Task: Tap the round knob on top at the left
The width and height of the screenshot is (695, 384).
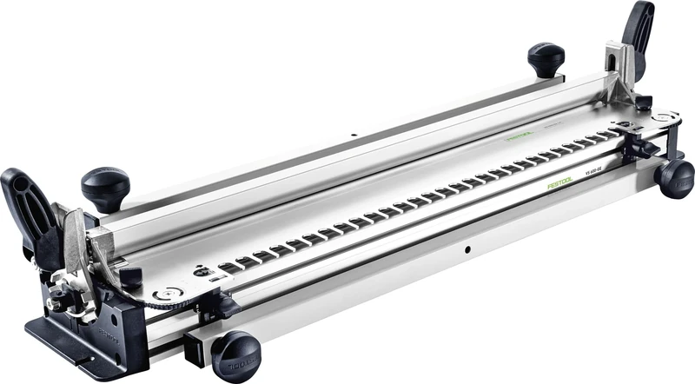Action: click(x=105, y=185)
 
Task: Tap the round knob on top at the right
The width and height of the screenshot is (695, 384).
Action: click(x=546, y=58)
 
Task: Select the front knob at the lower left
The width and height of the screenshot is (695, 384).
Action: click(x=235, y=354)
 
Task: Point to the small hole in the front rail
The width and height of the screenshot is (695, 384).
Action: click(x=467, y=249)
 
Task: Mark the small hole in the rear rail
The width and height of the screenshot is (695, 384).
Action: click(x=354, y=136)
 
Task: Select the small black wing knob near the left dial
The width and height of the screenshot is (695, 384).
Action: click(x=130, y=277)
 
